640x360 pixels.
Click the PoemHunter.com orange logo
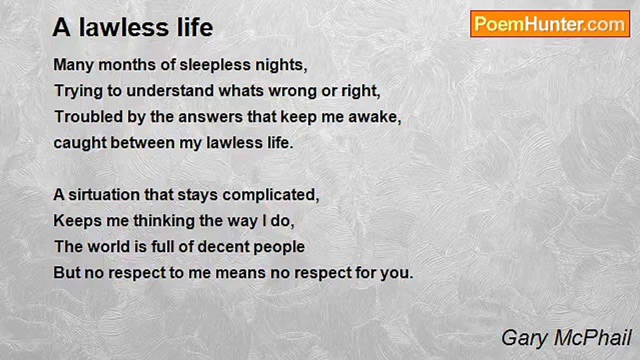coord(550,24)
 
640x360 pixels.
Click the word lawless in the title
coord(123,27)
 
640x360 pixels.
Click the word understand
coord(170,91)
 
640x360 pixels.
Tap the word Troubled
coord(89,116)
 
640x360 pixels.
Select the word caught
coord(80,143)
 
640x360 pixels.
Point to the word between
coord(142,142)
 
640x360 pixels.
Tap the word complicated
coord(270,195)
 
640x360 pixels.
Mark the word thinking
coord(164,221)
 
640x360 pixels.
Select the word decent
coord(223,247)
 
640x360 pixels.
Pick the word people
coord(279,247)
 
